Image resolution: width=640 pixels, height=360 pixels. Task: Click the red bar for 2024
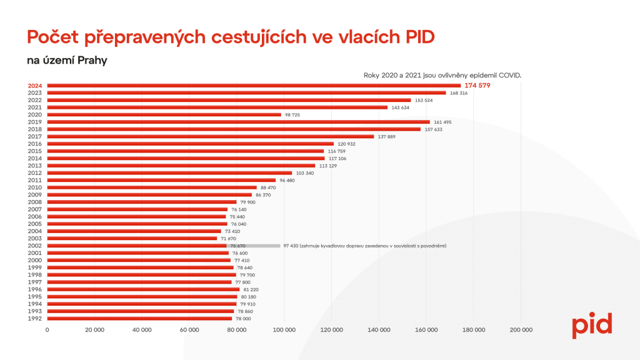point(254,86)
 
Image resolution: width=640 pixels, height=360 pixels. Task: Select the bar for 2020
point(164,114)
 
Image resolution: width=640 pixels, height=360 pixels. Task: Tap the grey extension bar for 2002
point(253,246)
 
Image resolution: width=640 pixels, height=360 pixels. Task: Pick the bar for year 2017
point(211,136)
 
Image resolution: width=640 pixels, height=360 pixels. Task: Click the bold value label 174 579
point(479,86)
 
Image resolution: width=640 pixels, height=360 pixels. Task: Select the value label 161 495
point(442,122)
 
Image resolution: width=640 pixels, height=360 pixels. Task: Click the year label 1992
point(36,319)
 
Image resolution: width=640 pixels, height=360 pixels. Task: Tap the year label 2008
point(36,202)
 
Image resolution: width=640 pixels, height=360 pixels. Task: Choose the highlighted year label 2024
point(36,86)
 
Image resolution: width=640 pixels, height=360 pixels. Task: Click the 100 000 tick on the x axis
point(284,330)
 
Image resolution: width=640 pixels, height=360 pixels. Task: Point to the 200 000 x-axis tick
point(521,330)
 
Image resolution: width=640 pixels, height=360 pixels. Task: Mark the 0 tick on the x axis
point(47,330)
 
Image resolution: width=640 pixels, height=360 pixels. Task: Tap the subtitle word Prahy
point(91,61)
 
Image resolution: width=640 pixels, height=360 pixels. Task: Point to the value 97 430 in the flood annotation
point(291,246)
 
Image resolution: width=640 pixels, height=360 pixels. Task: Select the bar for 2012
point(169,172)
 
